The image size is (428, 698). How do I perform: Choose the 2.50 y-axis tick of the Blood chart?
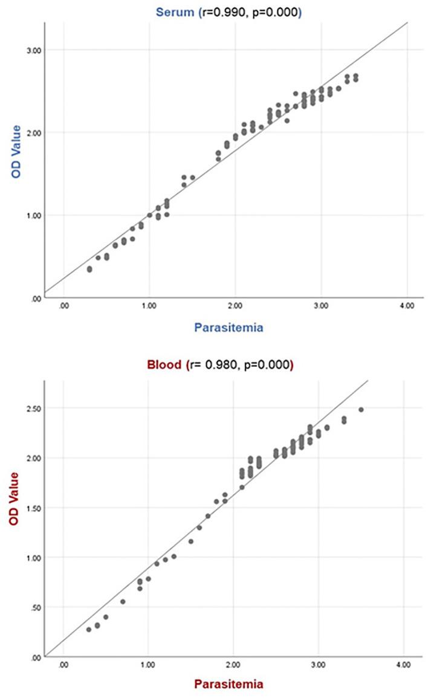(x=32, y=409)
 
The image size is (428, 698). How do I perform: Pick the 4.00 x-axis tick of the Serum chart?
(x=407, y=306)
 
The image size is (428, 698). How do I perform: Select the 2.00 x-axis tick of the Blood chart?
(x=233, y=664)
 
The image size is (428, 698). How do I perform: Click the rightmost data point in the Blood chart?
(x=361, y=410)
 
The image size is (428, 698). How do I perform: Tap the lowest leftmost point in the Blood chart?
(x=89, y=629)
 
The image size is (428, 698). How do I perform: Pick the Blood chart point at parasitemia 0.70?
(x=123, y=601)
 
